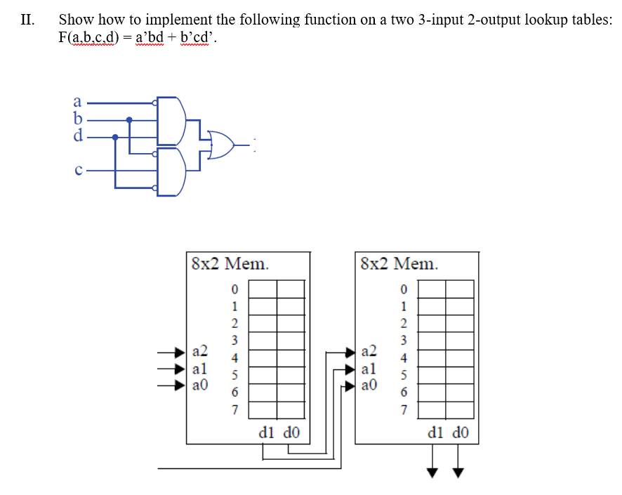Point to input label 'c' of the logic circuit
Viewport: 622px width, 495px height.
(x=78, y=169)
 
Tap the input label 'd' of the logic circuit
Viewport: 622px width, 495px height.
(x=78, y=136)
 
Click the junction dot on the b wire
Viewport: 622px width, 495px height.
(x=128, y=120)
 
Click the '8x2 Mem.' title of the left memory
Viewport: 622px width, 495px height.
(x=230, y=264)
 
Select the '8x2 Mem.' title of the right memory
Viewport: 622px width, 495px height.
(x=398, y=264)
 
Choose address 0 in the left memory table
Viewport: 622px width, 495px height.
(x=235, y=289)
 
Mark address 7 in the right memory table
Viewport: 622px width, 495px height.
(x=403, y=409)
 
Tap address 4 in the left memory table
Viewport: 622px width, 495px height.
(x=235, y=357)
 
